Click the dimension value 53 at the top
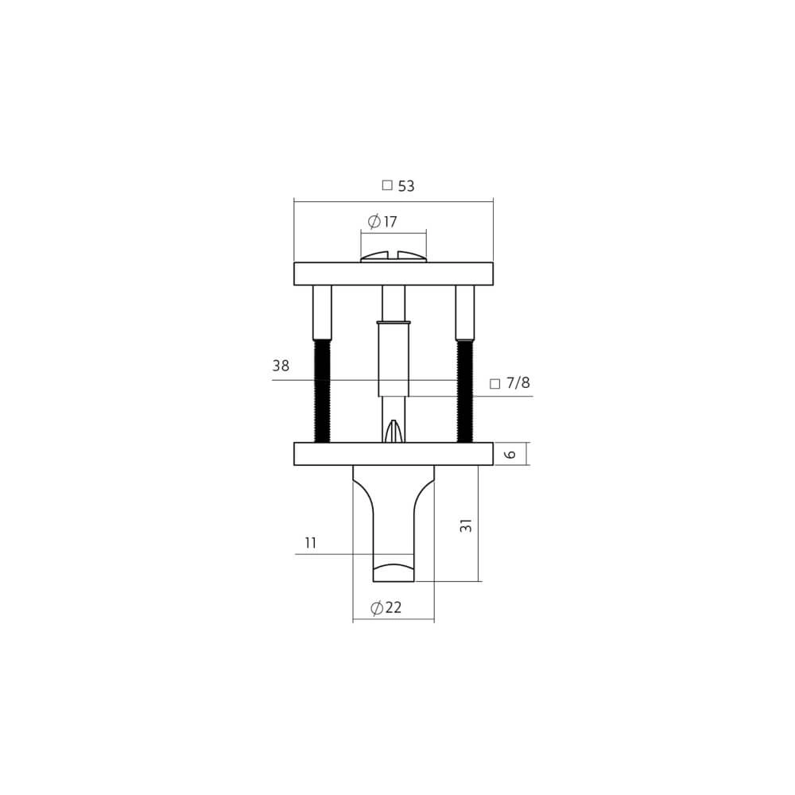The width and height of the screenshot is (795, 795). (406, 186)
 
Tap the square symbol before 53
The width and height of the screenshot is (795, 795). (387, 185)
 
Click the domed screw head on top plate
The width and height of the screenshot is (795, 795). (394, 257)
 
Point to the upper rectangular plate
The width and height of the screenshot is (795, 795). (394, 273)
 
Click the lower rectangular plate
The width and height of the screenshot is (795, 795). (394, 454)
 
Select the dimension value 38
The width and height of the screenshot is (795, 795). (281, 366)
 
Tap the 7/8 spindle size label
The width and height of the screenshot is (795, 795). (518, 383)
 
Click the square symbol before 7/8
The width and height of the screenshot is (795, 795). (494, 384)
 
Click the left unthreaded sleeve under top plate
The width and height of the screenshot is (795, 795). (322, 312)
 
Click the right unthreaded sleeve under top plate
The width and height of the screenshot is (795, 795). (465, 312)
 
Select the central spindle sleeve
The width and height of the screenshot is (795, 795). (394, 358)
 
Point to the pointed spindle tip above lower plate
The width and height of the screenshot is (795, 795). (394, 431)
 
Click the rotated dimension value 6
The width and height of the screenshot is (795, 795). (511, 454)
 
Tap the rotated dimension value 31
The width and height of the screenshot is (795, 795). (467, 525)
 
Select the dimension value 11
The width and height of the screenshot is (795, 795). (311, 543)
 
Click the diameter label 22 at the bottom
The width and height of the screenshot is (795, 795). (386, 608)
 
